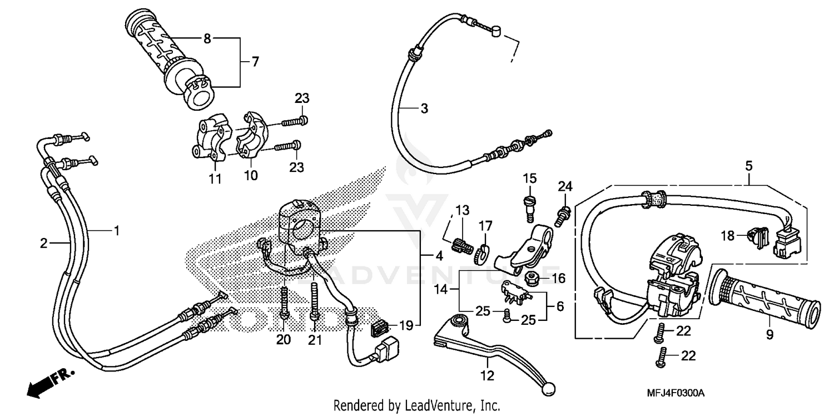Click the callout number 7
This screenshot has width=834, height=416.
tap(255, 62)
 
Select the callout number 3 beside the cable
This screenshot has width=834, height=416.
tap(424, 109)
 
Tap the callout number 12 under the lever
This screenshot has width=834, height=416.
tap(487, 377)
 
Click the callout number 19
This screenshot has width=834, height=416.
tap(407, 326)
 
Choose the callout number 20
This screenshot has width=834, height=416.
tap(284, 340)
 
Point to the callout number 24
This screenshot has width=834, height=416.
tap(565, 186)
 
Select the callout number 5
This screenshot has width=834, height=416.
tap(748, 165)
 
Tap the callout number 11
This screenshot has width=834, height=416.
tap(215, 179)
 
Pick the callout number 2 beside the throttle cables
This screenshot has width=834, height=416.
tap(44, 243)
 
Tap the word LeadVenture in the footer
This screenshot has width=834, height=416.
tap(429, 405)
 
